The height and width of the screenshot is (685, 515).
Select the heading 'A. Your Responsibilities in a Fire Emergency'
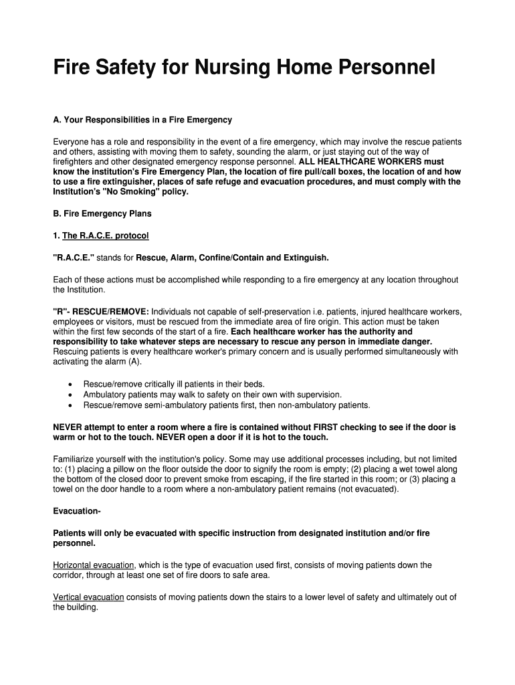coord(142,120)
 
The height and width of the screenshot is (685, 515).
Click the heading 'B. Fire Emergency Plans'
coord(102,214)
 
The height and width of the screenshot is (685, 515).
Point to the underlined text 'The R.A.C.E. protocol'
coord(106,236)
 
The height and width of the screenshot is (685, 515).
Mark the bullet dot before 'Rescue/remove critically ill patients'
coord(70,385)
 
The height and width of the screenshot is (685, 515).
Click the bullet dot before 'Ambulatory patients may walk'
coord(70,395)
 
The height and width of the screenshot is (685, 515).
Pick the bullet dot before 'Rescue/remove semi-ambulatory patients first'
coord(70,405)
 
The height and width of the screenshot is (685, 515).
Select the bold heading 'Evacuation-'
coord(77,512)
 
